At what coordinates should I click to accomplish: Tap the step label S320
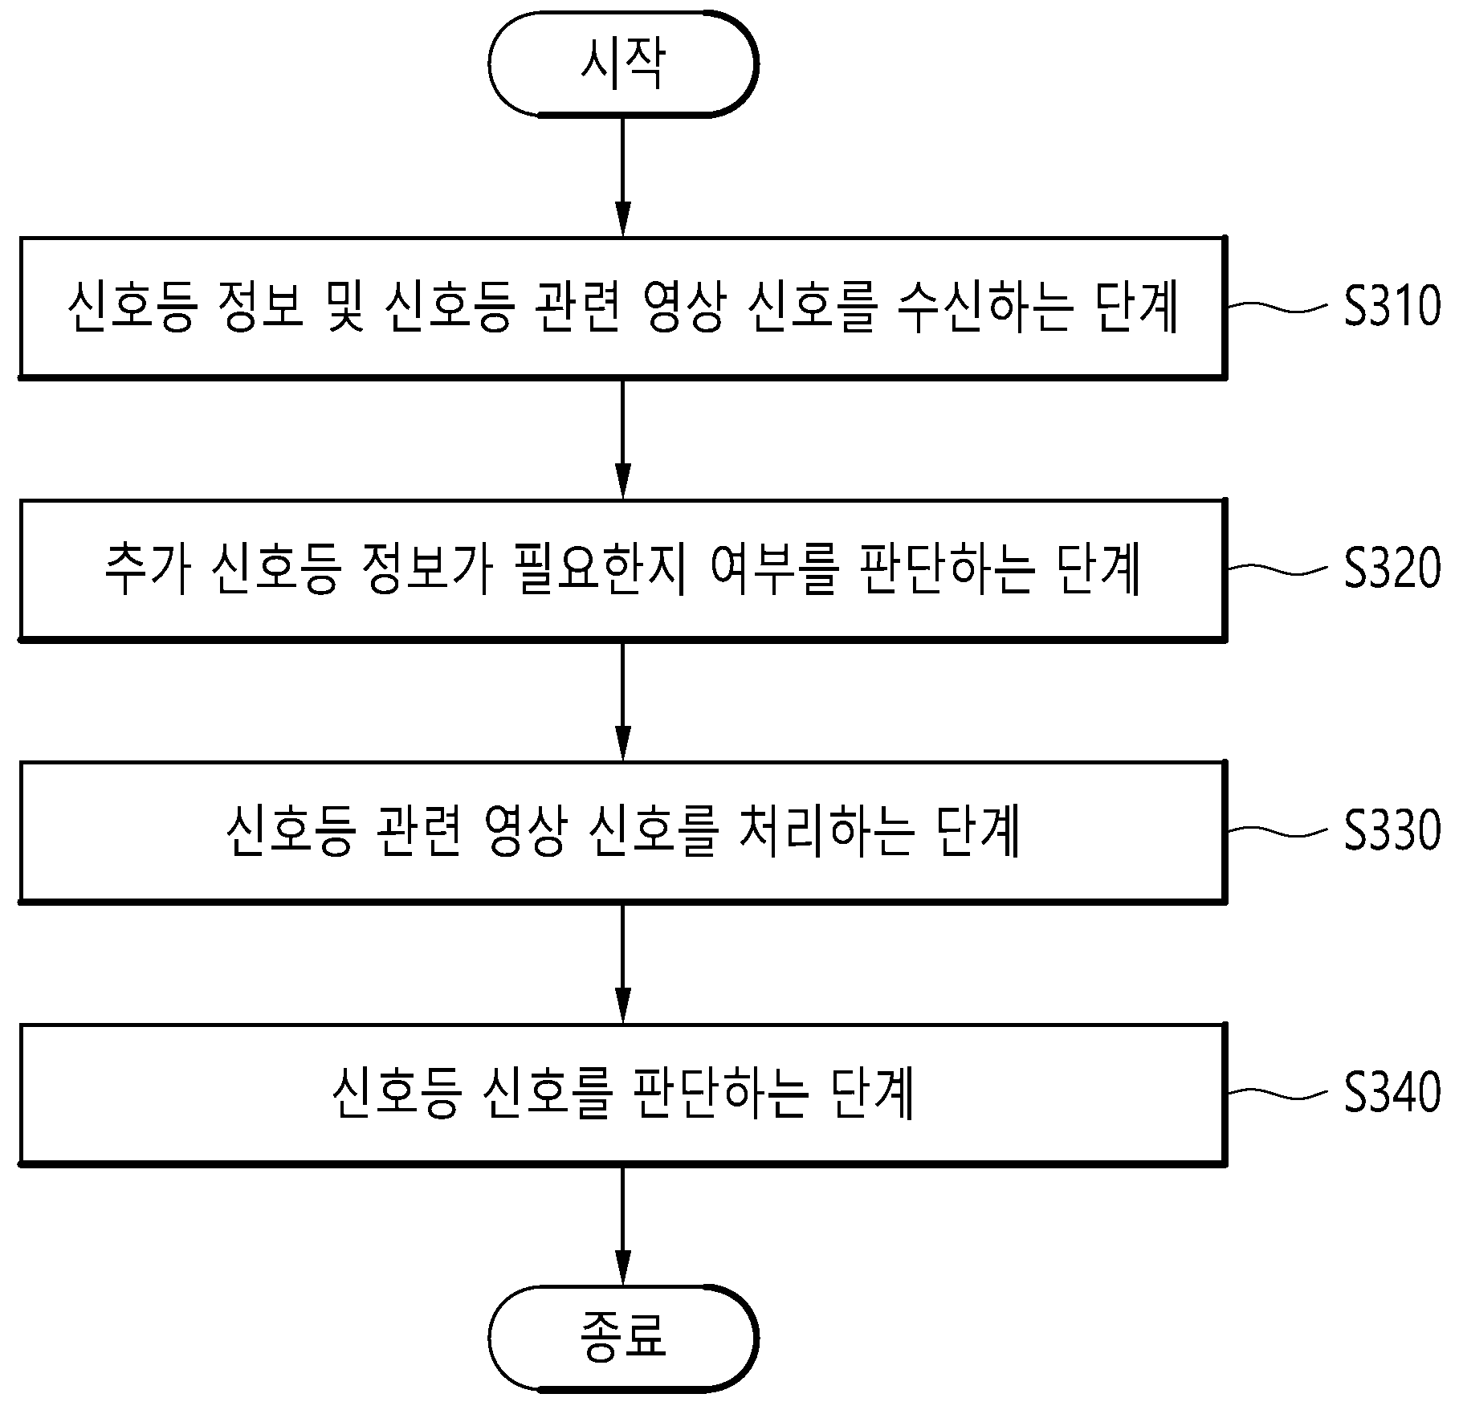[x=1392, y=569]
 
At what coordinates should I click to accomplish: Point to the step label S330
[x=1392, y=830]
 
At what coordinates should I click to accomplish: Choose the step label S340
[x=1392, y=1093]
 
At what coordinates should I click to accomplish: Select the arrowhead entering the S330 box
[x=623, y=744]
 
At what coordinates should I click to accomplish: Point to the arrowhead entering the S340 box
[x=623, y=1005]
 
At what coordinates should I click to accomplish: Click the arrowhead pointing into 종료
[x=623, y=1269]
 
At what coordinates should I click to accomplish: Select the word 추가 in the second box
[x=148, y=569]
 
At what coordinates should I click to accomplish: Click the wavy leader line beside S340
[x=1278, y=1093]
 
